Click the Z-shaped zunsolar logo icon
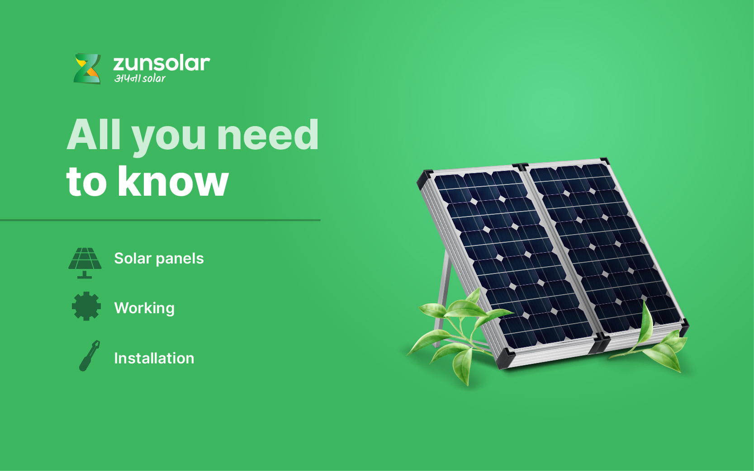click(87, 69)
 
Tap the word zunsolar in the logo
click(161, 63)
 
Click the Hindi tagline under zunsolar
click(140, 79)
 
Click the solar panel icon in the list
click(85, 263)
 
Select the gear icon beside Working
click(86, 306)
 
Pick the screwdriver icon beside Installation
click(89, 356)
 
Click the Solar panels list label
click(159, 259)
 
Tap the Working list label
click(144, 308)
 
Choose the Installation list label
click(154, 358)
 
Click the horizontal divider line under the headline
click(160, 220)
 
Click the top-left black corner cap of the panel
click(424, 178)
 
